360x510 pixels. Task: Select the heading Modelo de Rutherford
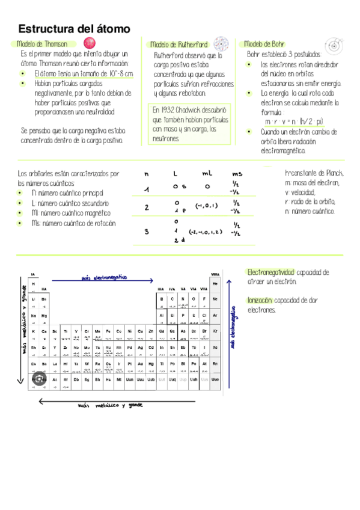tap(178, 45)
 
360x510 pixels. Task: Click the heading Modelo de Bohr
tap(264, 44)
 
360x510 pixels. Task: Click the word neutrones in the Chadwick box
tap(166, 138)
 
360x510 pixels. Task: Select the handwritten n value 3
tap(146, 232)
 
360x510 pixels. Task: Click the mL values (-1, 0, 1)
tap(206, 206)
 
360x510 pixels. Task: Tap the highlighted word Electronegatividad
tap(271, 272)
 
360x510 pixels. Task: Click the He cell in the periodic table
tap(215, 283)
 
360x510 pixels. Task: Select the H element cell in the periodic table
tap(34, 284)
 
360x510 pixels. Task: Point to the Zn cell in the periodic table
tap(150, 331)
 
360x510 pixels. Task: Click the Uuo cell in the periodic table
tap(215, 379)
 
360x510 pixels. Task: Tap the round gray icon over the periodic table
tap(38, 379)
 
